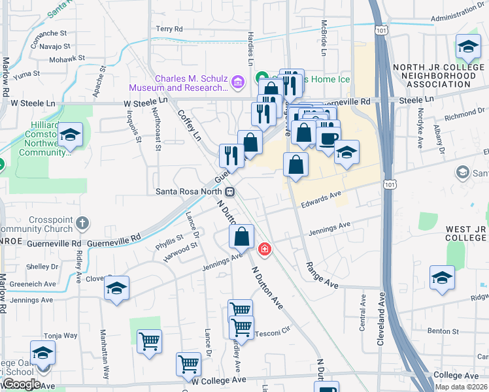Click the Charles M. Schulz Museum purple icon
(236, 82)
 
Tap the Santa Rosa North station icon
(229, 191)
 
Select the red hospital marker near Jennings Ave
(264, 249)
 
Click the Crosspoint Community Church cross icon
(82, 223)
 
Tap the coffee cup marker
(328, 138)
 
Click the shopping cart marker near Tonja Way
(149, 341)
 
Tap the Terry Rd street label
(169, 29)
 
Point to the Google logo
(22, 384)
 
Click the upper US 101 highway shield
(380, 30)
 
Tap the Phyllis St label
(169, 242)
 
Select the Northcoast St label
(157, 129)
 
